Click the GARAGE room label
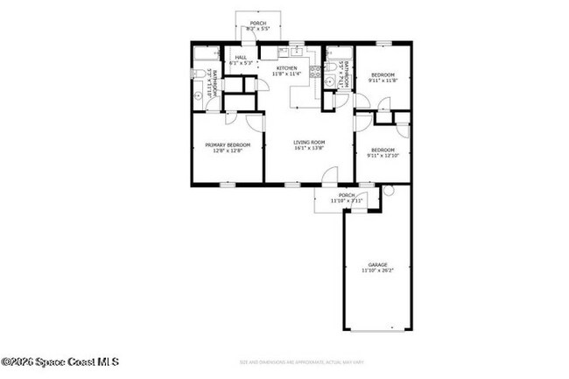[x=377, y=264]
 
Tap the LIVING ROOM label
[x=309, y=142]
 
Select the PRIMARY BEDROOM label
[x=228, y=144]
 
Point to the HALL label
[x=240, y=58]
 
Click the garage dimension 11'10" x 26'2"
[x=377, y=270]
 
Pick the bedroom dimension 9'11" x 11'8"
[x=383, y=80]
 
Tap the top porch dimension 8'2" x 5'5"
[x=257, y=29]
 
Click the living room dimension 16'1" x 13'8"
[x=309, y=148]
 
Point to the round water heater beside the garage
[x=388, y=190]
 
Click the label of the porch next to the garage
[x=347, y=195]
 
